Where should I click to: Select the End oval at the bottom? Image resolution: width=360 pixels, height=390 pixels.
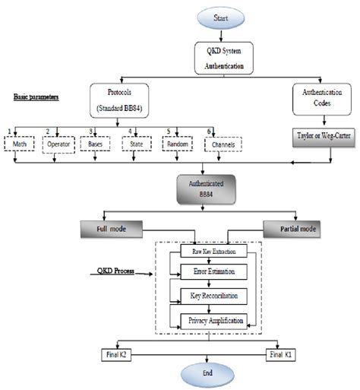pyautogui.click(x=201, y=374)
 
